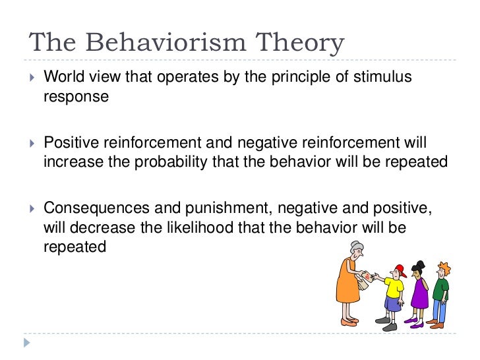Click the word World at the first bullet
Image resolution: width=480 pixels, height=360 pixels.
tap(61, 78)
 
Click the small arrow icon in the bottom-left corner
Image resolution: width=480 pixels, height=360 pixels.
tap(26, 343)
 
